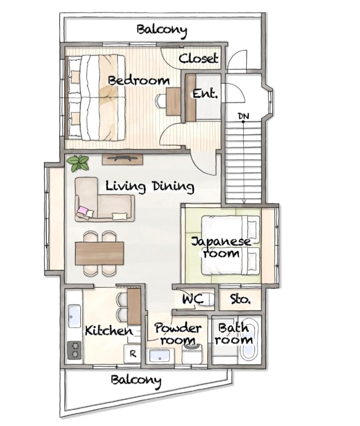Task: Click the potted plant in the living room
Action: (x=78, y=163)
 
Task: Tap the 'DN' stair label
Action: (x=244, y=116)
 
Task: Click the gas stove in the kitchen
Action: (x=74, y=350)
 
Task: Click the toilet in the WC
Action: (x=206, y=299)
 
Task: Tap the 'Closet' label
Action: (x=199, y=58)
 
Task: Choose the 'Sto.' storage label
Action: (x=240, y=299)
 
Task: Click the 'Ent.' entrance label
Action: (x=205, y=94)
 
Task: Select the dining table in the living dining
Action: (x=99, y=253)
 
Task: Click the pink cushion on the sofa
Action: (x=82, y=210)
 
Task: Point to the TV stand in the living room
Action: (x=122, y=159)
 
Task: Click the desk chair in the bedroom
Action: (x=160, y=101)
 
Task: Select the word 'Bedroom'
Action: (x=139, y=81)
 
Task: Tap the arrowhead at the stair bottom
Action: (x=244, y=201)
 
